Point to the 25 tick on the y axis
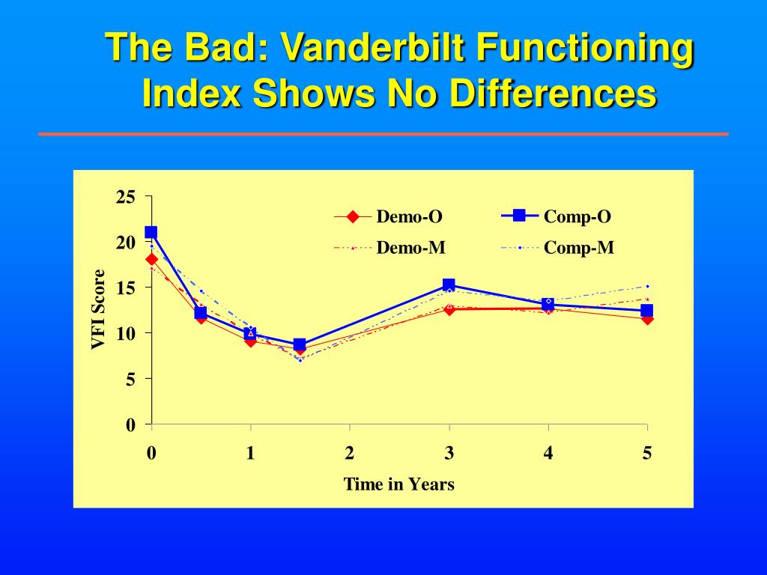click(x=125, y=197)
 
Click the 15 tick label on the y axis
click(x=125, y=288)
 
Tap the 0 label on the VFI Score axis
click(x=130, y=425)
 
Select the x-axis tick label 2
click(x=349, y=453)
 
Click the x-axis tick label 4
click(x=548, y=453)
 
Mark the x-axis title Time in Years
click(x=398, y=484)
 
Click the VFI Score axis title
click(x=98, y=309)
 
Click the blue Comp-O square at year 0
click(x=151, y=233)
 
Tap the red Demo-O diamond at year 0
click(x=151, y=260)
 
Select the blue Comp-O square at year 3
click(x=449, y=285)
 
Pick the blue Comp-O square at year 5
click(x=647, y=311)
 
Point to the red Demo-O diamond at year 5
click(x=647, y=320)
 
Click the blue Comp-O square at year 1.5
click(x=300, y=345)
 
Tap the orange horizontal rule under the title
click(x=383, y=134)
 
